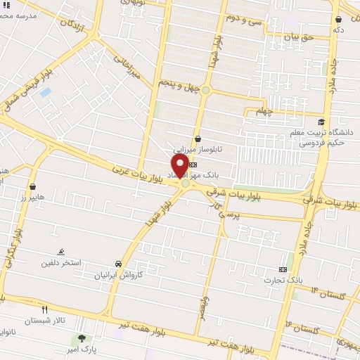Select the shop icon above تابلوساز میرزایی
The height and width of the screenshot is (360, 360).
(x=198, y=139)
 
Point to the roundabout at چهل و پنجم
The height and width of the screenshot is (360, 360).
(x=206, y=90)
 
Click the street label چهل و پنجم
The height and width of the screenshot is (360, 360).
(x=179, y=86)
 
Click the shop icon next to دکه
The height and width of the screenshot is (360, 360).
(x=339, y=19)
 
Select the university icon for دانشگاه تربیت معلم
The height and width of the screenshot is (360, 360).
(x=322, y=122)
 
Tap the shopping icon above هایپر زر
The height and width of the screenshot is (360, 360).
(x=33, y=187)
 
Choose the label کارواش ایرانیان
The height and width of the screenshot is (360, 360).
(x=119, y=275)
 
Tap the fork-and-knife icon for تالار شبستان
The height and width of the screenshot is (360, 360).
(x=45, y=309)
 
